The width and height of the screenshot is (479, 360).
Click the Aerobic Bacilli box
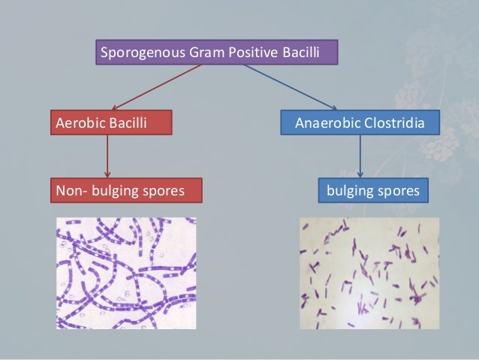click(x=111, y=123)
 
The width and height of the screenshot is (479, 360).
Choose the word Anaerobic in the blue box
click(x=327, y=123)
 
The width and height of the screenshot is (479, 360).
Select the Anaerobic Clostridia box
click(x=360, y=123)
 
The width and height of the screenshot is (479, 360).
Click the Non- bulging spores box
click(x=126, y=191)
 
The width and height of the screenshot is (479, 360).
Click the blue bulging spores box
click(x=373, y=191)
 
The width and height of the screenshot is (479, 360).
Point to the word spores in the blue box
click(x=399, y=191)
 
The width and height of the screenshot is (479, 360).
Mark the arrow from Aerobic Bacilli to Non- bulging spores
click(x=108, y=156)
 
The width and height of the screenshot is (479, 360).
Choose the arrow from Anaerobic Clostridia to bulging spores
click(x=360, y=156)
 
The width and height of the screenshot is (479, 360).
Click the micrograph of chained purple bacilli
click(x=126, y=273)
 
